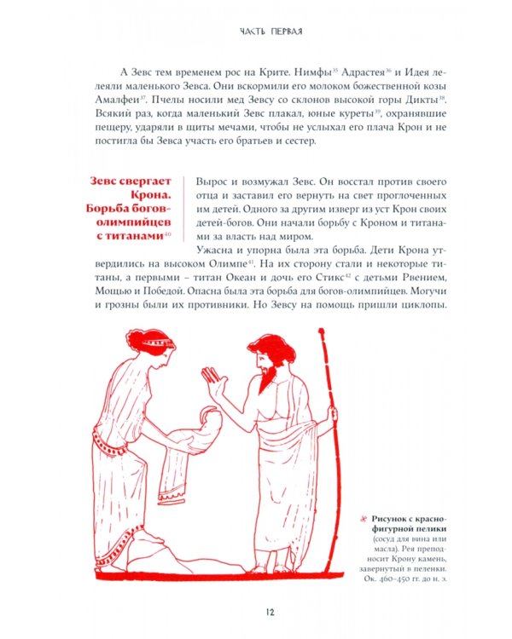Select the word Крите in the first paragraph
click(287, 72)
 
